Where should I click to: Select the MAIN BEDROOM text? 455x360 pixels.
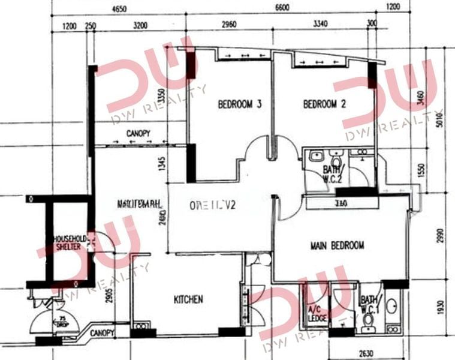pyautogui.click(x=337, y=245)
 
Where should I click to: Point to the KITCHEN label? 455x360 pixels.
pyautogui.click(x=188, y=299)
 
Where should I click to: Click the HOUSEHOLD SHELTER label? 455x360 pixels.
pyautogui.click(x=71, y=242)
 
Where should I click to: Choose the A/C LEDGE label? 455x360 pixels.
pyautogui.click(x=318, y=313)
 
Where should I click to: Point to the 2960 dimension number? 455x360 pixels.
pyautogui.click(x=228, y=25)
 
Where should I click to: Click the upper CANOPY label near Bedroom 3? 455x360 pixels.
pyautogui.click(x=138, y=133)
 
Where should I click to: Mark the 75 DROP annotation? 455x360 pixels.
pyautogui.click(x=61, y=321)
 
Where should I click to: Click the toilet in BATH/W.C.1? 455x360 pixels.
pyautogui.click(x=368, y=325)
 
